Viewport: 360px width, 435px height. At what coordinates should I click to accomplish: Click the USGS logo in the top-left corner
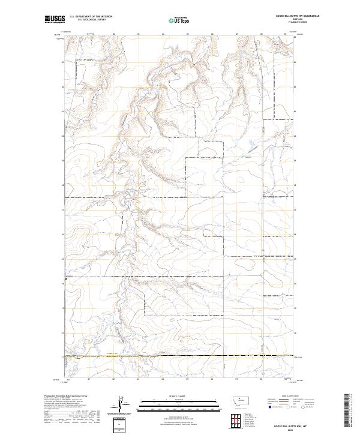pos(54,20)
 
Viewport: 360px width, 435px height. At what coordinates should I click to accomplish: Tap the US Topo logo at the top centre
pos(180,20)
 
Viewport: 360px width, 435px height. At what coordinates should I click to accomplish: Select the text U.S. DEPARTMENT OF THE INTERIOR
pos(91,17)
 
